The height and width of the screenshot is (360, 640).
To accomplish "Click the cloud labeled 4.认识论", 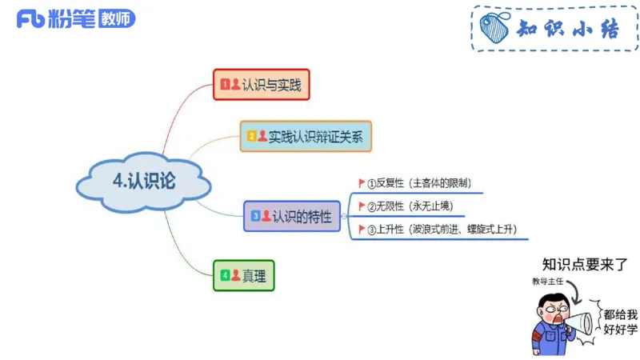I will tap(144, 181).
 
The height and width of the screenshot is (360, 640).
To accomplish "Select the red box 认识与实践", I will tap(261, 84).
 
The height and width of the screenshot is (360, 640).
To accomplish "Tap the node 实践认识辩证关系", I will tap(306, 136).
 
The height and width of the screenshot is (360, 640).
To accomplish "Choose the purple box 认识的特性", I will tap(291, 216).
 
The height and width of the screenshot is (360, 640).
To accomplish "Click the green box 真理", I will tap(244, 276).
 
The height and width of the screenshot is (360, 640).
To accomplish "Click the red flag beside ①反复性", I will tap(362, 183).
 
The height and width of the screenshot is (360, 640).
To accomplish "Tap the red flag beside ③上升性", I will tap(362, 230).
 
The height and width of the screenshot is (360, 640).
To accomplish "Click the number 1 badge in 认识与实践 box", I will tap(226, 84).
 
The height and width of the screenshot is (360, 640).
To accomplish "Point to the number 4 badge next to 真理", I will tap(226, 276).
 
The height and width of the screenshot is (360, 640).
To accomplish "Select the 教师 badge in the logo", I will tap(118, 19).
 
